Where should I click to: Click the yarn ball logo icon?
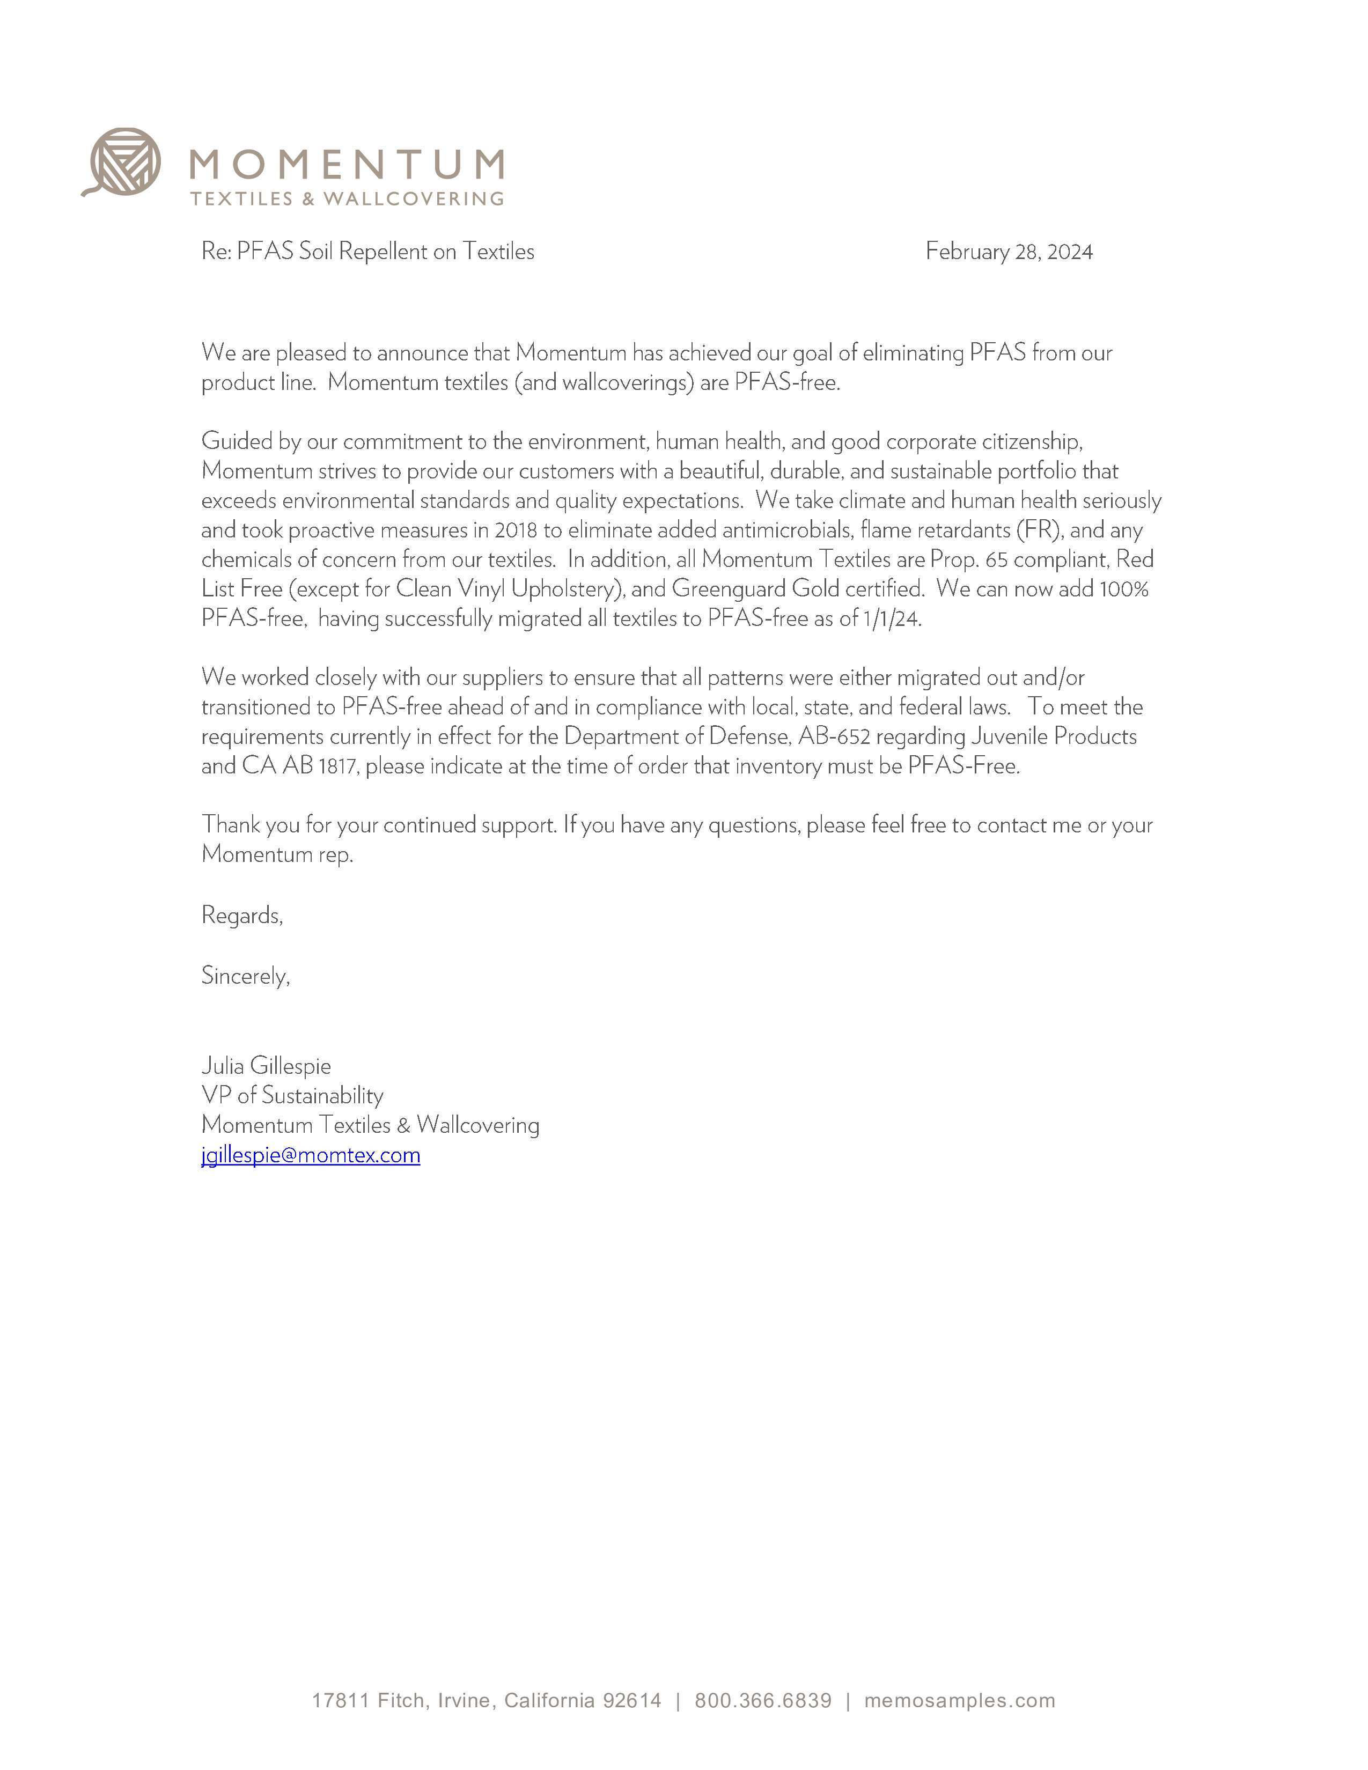point(124,161)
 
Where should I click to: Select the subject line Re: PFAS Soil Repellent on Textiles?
point(368,252)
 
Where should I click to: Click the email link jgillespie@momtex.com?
point(311,1155)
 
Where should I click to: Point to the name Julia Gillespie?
point(266,1066)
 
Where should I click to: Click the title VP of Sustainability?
point(292,1096)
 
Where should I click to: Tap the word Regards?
point(241,916)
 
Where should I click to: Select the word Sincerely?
point(245,976)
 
